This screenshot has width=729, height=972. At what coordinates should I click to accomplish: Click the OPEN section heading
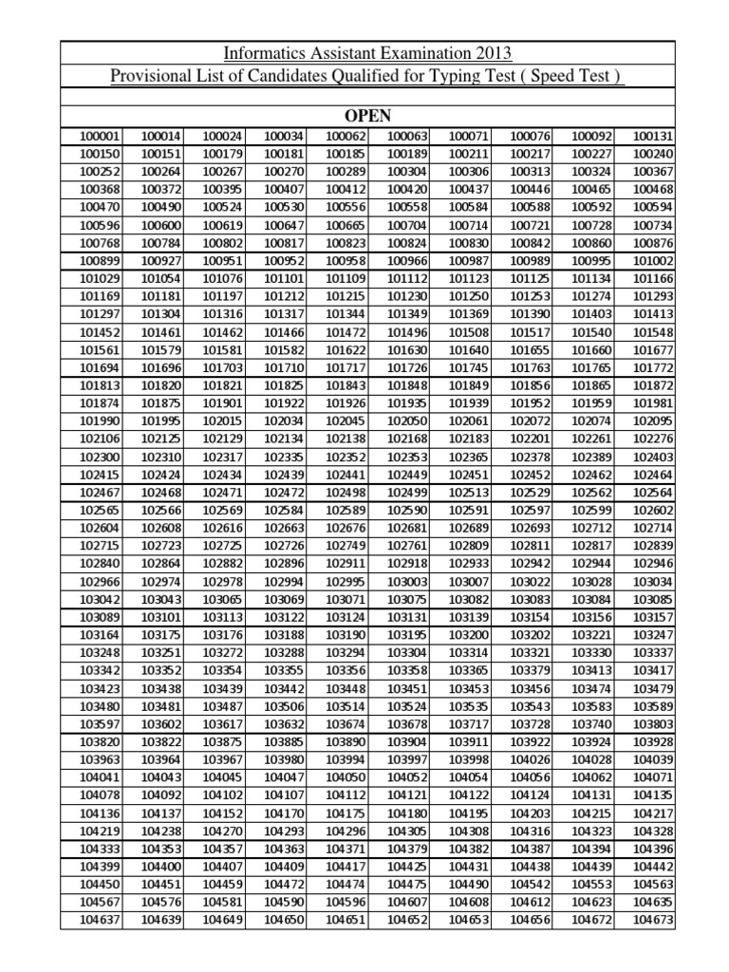[367, 116]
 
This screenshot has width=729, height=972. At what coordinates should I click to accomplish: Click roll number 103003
[408, 581]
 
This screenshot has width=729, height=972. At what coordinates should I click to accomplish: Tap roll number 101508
[468, 332]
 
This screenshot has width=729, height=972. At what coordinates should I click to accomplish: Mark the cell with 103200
[468, 635]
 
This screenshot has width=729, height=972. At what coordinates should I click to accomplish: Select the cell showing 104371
[346, 849]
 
